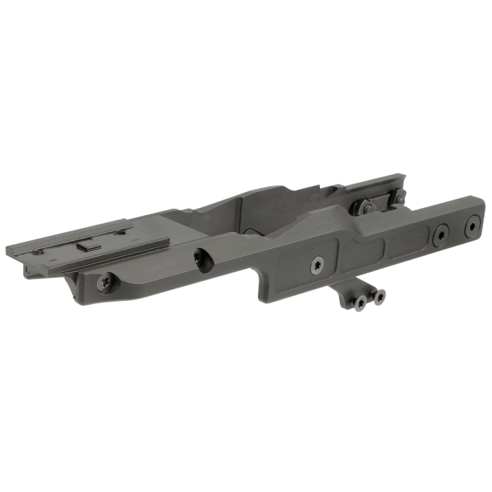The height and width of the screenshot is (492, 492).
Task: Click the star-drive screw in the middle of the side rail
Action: pos(317,265)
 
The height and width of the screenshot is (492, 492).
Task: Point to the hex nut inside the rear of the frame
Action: pos(366,207)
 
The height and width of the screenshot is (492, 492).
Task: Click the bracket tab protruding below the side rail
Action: pos(355,292)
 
